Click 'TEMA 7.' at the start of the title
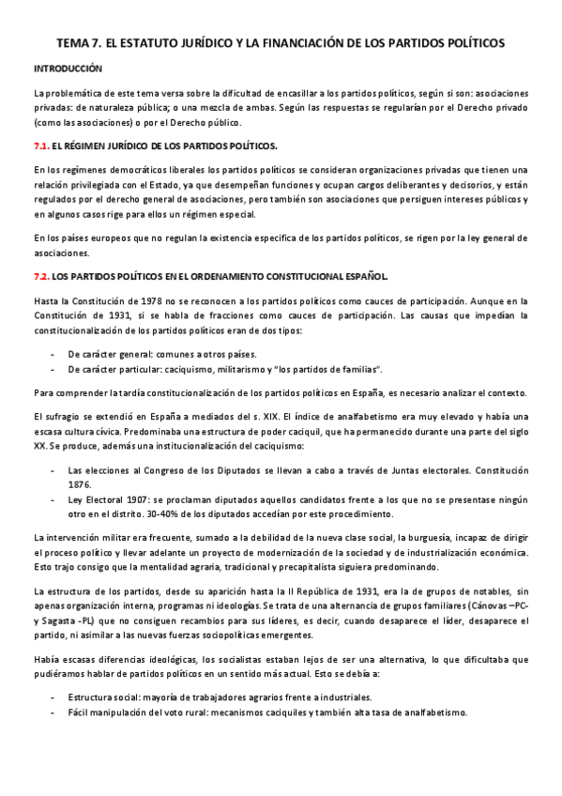coord(80,43)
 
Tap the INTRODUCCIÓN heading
coord(68,69)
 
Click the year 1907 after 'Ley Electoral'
coord(127,499)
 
